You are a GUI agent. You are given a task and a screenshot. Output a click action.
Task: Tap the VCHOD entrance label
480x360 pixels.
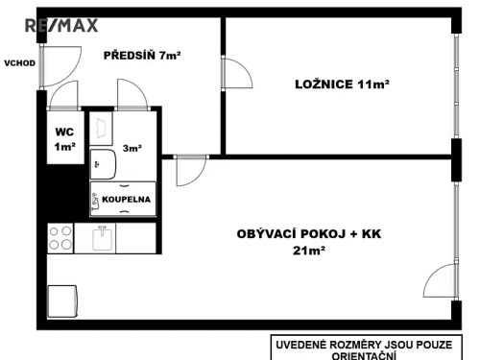point(19,63)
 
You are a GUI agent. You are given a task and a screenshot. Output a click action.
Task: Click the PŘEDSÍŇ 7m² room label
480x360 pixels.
point(142,56)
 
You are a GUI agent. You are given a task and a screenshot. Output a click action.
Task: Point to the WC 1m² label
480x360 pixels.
point(63,139)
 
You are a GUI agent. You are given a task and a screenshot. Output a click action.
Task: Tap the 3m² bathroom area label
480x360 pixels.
point(132,149)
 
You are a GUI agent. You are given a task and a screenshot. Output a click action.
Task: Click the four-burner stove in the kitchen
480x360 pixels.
point(61,236)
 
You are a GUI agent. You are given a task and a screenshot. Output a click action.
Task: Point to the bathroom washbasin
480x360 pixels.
point(102,166)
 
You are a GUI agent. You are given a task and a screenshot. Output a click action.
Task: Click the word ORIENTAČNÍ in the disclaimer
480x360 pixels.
point(371,353)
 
